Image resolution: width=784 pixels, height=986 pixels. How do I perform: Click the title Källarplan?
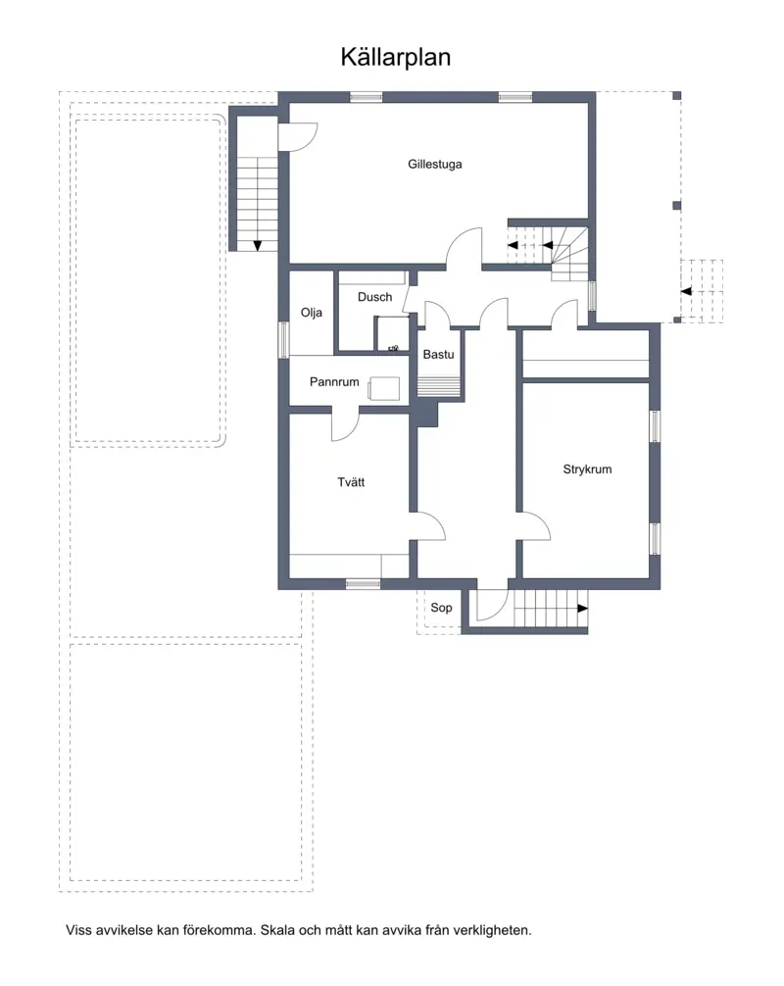[x=396, y=57]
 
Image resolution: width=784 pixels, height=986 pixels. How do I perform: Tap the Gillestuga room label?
[x=434, y=164]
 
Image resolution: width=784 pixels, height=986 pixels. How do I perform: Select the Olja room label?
[x=312, y=313]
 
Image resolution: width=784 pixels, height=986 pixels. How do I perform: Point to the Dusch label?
[x=374, y=297]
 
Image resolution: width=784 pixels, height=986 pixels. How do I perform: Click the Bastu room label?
[x=438, y=355]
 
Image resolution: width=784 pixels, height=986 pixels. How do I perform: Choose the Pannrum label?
[x=334, y=381]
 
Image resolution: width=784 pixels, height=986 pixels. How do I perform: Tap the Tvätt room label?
[x=351, y=482]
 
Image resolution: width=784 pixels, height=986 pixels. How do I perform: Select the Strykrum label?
[x=587, y=469]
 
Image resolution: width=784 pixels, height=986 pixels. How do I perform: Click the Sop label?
[x=441, y=608]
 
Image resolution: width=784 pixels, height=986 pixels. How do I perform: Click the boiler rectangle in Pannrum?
[x=384, y=388]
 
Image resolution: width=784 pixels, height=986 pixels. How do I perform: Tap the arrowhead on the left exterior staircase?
[x=258, y=246]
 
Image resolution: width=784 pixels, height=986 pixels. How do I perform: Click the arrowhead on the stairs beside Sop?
[x=583, y=609]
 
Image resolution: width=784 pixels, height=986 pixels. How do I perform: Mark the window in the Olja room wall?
[x=283, y=339]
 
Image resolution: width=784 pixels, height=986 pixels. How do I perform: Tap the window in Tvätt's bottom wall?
[x=364, y=584]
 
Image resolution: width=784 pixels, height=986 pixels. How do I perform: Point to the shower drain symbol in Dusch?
[x=394, y=348]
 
